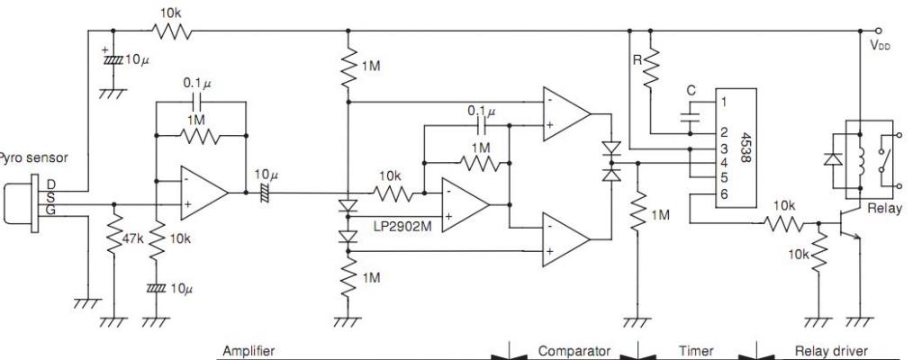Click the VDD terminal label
point(881,45)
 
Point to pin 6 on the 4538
point(725,193)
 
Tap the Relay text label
point(884,208)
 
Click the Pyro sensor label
point(33,157)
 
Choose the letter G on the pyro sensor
point(50,210)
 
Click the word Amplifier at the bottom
point(249,352)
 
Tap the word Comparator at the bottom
point(574,352)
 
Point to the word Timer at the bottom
point(696,352)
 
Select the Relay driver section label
point(831,352)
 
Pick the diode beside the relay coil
point(831,158)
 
